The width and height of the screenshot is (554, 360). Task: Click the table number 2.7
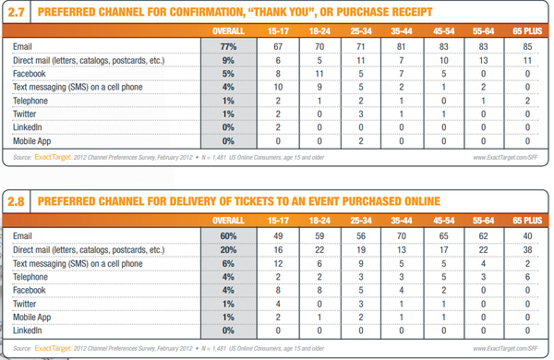click(x=16, y=12)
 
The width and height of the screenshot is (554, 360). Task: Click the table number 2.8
click(x=16, y=201)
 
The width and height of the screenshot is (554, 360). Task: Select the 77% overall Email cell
click(x=228, y=47)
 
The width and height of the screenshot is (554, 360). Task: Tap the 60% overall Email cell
click(x=228, y=236)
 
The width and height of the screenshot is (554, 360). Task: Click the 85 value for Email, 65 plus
click(x=527, y=47)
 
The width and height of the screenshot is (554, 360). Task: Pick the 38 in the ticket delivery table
click(x=527, y=250)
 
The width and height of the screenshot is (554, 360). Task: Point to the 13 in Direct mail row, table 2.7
click(x=483, y=60)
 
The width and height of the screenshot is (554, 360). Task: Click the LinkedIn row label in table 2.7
click(x=27, y=127)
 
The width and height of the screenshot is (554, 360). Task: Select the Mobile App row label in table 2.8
click(x=31, y=318)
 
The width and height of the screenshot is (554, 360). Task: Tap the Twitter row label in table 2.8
click(x=24, y=304)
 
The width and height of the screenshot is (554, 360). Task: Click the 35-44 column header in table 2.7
click(x=402, y=31)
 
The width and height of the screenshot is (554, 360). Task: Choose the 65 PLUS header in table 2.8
click(x=527, y=221)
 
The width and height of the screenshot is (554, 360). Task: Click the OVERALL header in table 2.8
click(x=228, y=221)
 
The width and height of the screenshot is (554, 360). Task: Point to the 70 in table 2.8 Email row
click(x=402, y=236)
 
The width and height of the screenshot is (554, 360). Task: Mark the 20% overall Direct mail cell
click(x=228, y=250)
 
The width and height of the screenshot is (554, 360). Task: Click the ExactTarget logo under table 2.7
click(x=53, y=157)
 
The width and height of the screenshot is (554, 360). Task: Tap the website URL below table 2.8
click(x=506, y=348)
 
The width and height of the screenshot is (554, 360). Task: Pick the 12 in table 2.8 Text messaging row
click(x=278, y=264)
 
